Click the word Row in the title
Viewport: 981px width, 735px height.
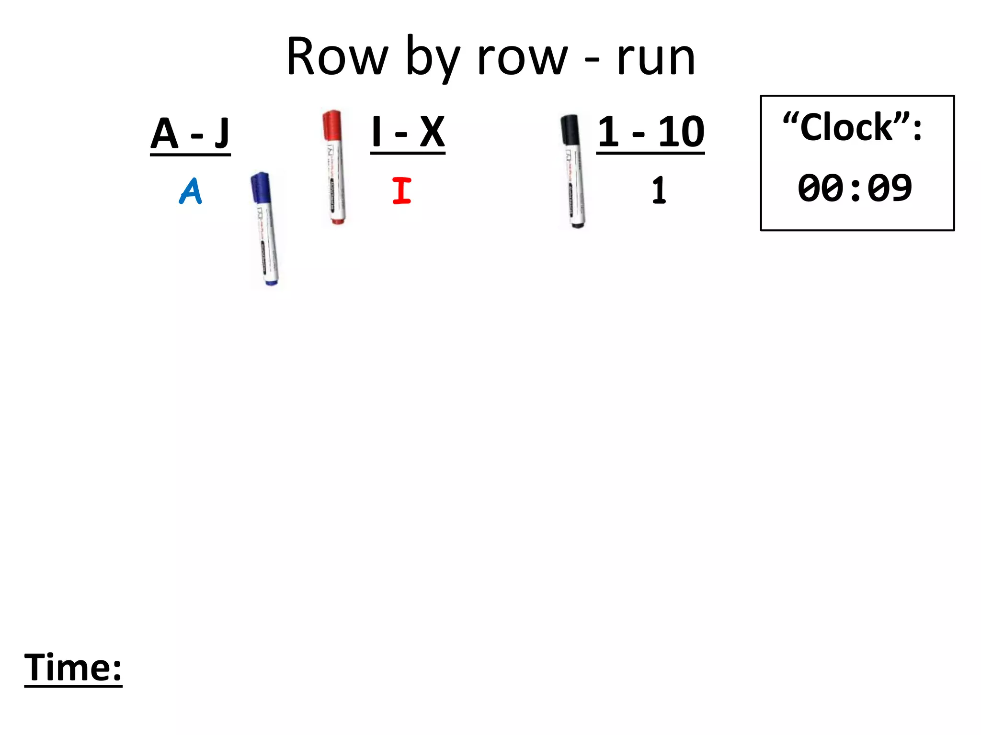[x=337, y=57]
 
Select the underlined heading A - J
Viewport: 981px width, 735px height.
[x=190, y=134]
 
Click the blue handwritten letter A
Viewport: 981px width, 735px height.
[x=191, y=191]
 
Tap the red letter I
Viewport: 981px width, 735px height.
[x=401, y=191]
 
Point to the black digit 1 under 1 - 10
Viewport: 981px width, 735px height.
[x=659, y=191]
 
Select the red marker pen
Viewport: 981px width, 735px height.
[x=334, y=167]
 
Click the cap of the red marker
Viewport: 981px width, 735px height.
[x=331, y=125]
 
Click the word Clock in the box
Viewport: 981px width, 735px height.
[x=847, y=128]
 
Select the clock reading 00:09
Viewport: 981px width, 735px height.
[x=855, y=188]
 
